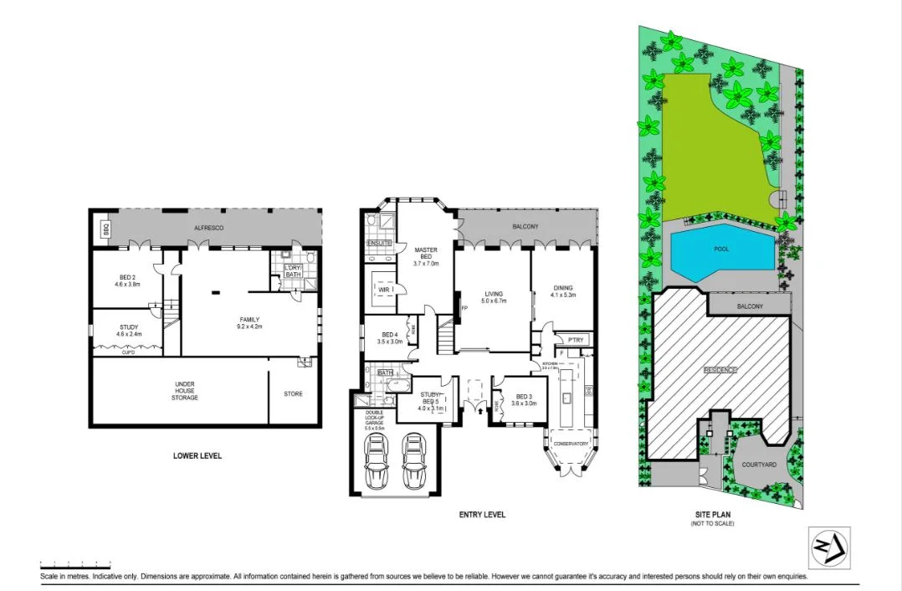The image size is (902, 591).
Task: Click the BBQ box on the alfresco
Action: coord(105,228)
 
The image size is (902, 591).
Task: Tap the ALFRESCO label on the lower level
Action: coord(207,227)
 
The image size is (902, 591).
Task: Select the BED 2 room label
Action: coord(126,280)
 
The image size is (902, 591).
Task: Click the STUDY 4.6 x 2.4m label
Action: coord(129,331)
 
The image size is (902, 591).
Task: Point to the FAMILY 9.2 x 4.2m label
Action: coord(249,322)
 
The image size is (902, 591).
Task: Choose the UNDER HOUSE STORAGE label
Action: coord(185,390)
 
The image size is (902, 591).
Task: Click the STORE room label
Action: coord(293,393)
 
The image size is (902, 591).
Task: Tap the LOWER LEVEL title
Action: coord(197,455)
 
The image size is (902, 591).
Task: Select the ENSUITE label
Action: coord(379,244)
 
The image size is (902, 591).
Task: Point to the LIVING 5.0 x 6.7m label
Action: coord(493,297)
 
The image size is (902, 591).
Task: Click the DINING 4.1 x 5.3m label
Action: coord(563,292)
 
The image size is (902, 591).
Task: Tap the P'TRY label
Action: coord(575,340)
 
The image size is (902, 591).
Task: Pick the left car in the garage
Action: coord(377,460)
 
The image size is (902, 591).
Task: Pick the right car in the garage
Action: coord(414,460)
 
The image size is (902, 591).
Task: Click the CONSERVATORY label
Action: coord(571,444)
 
